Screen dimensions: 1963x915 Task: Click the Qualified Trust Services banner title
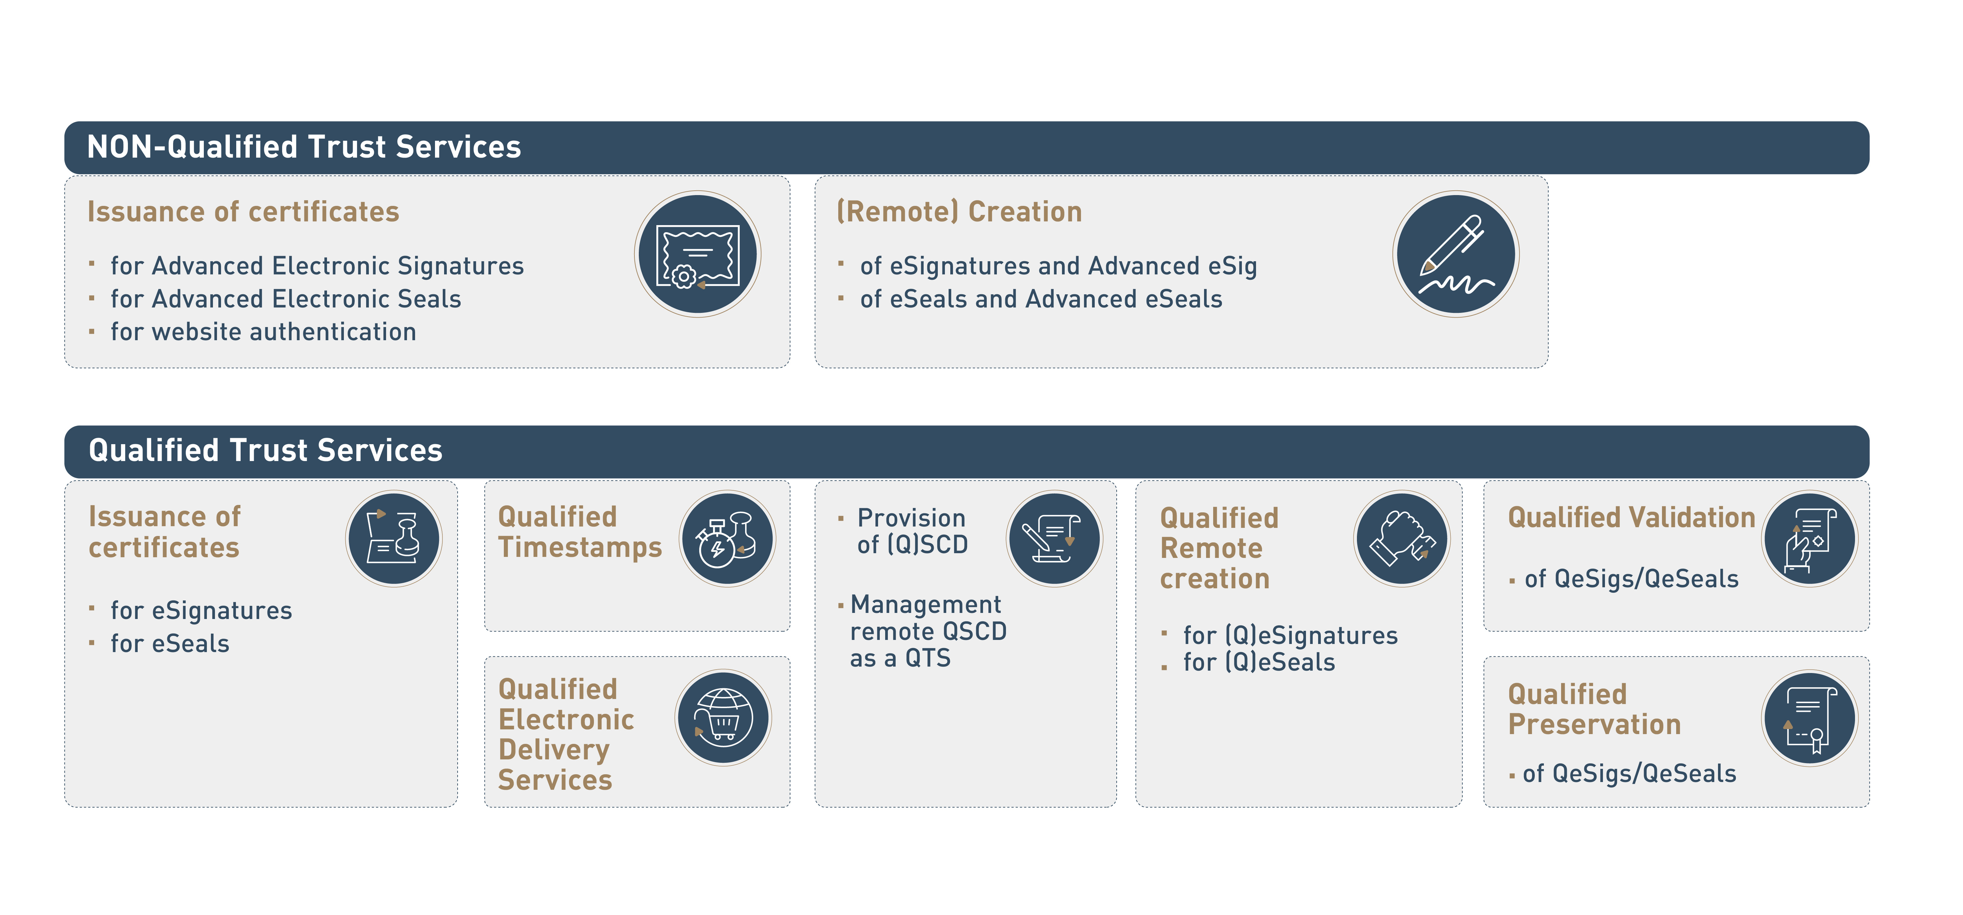pyautogui.click(x=265, y=450)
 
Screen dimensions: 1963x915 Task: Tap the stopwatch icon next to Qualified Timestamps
pyautogui.click(x=727, y=539)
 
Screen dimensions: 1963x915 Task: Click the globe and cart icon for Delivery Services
pyautogui.click(x=723, y=718)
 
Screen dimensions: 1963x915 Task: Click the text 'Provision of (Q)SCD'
pyautogui.click(x=912, y=531)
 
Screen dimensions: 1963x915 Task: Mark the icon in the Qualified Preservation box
pyautogui.click(x=1810, y=718)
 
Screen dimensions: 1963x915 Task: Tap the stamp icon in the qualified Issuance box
pyautogui.click(x=394, y=539)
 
